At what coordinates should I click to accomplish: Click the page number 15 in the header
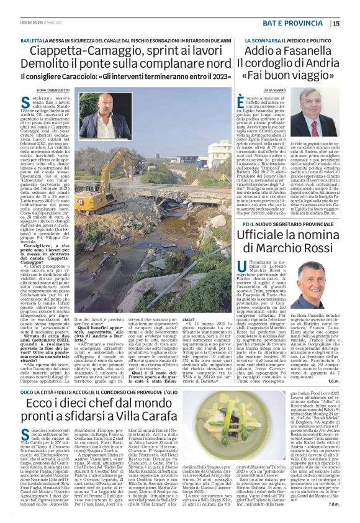coord(353,24)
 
